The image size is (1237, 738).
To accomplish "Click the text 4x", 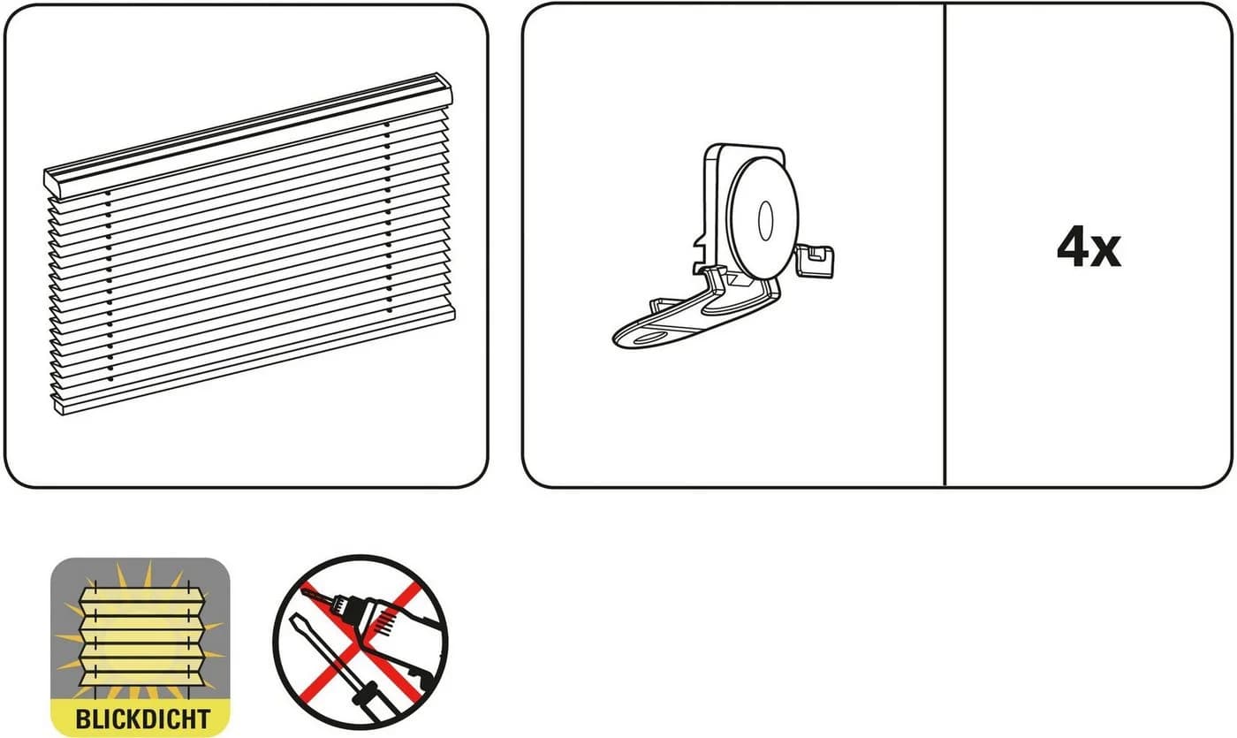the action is coord(1089,247).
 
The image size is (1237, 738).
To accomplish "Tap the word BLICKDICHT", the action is coord(142,719).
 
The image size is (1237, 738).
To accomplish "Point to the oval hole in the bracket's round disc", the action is coord(766,221).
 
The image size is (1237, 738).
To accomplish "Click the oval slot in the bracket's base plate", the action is coord(653,338).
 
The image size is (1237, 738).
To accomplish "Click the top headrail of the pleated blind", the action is coord(248,134).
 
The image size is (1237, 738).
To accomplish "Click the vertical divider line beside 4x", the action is coord(945,246).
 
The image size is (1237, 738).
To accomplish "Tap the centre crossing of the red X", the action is coord(360,643).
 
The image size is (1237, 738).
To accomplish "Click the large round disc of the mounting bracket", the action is coord(763,217).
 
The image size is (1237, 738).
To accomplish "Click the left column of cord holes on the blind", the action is coord(109,286).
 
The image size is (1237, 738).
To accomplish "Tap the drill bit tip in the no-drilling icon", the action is coord(304,590).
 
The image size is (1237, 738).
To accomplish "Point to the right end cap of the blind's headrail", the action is coord(444,89).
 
